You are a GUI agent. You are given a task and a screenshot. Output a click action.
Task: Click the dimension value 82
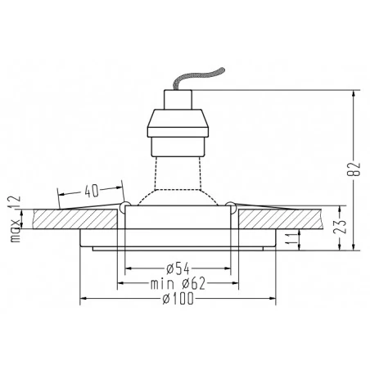click(x=353, y=169)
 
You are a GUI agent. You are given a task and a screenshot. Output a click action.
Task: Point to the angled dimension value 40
click(x=92, y=190)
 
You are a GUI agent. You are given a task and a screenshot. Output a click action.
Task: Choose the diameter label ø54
click(x=177, y=268)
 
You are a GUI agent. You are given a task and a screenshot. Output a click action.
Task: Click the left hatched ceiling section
click(x=78, y=220)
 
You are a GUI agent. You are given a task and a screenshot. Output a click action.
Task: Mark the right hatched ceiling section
click(x=278, y=220)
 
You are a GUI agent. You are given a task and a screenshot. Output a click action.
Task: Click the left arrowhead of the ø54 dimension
click(x=128, y=268)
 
